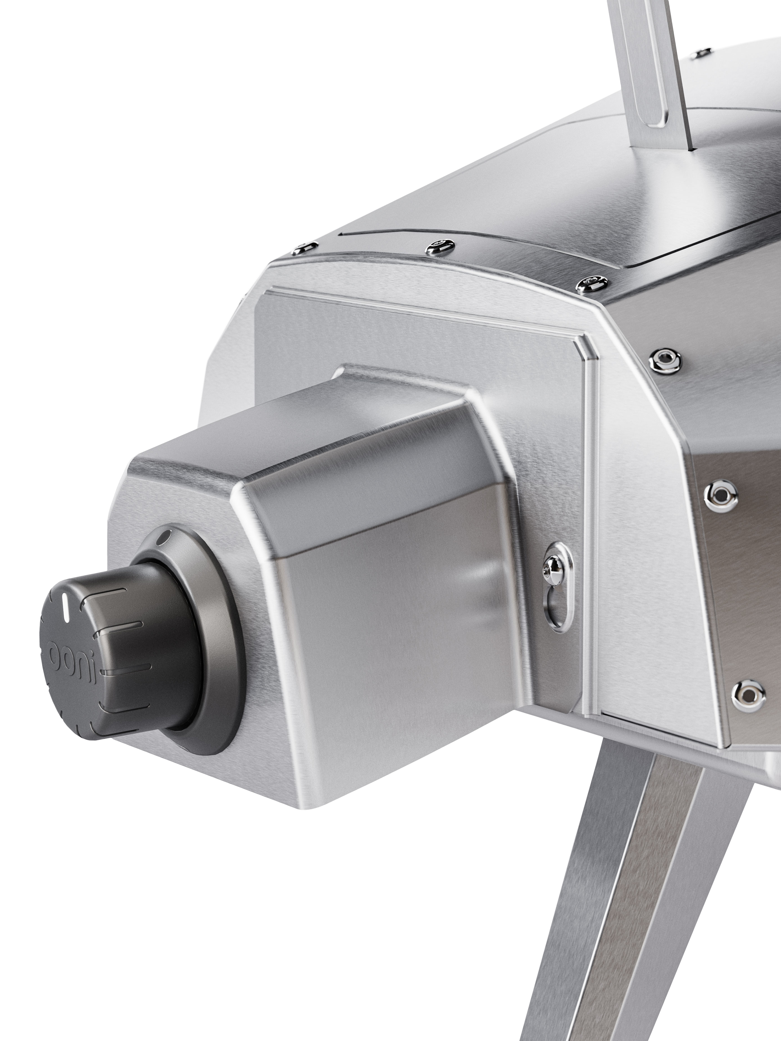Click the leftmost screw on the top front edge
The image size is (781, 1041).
click(x=304, y=247)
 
